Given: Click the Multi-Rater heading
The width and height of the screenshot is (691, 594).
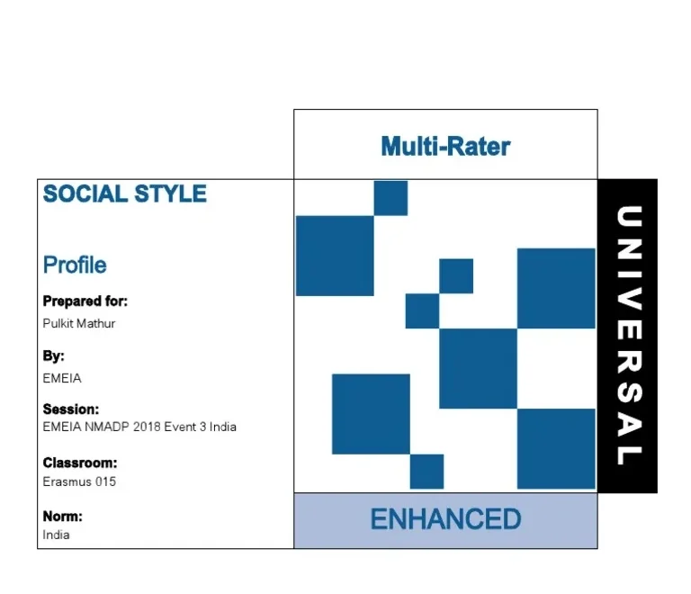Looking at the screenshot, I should coord(445,146).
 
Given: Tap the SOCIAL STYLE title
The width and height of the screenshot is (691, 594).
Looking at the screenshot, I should coord(125,193).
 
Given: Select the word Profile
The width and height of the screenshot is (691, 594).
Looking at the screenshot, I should coord(75,265).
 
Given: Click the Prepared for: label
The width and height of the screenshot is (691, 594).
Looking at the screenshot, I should coord(85,301).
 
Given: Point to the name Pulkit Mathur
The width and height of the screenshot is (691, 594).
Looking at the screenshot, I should coord(79,323).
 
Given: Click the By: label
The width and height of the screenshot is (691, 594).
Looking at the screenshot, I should coord(54,355).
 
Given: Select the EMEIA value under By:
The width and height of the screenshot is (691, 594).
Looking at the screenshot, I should coord(62,378).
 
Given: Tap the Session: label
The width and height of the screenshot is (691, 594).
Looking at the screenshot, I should coord(71,409).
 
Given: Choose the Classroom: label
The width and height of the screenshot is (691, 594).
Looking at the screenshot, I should coord(80,463).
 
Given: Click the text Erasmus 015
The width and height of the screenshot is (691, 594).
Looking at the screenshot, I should coord(79,481).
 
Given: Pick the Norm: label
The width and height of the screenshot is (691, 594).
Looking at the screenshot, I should coord(63,517).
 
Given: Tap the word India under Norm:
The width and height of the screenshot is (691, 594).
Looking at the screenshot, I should coord(56,535).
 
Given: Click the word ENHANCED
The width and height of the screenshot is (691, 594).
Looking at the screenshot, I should coord(445,519).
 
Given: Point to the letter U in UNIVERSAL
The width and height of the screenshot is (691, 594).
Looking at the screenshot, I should coord(628,219).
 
